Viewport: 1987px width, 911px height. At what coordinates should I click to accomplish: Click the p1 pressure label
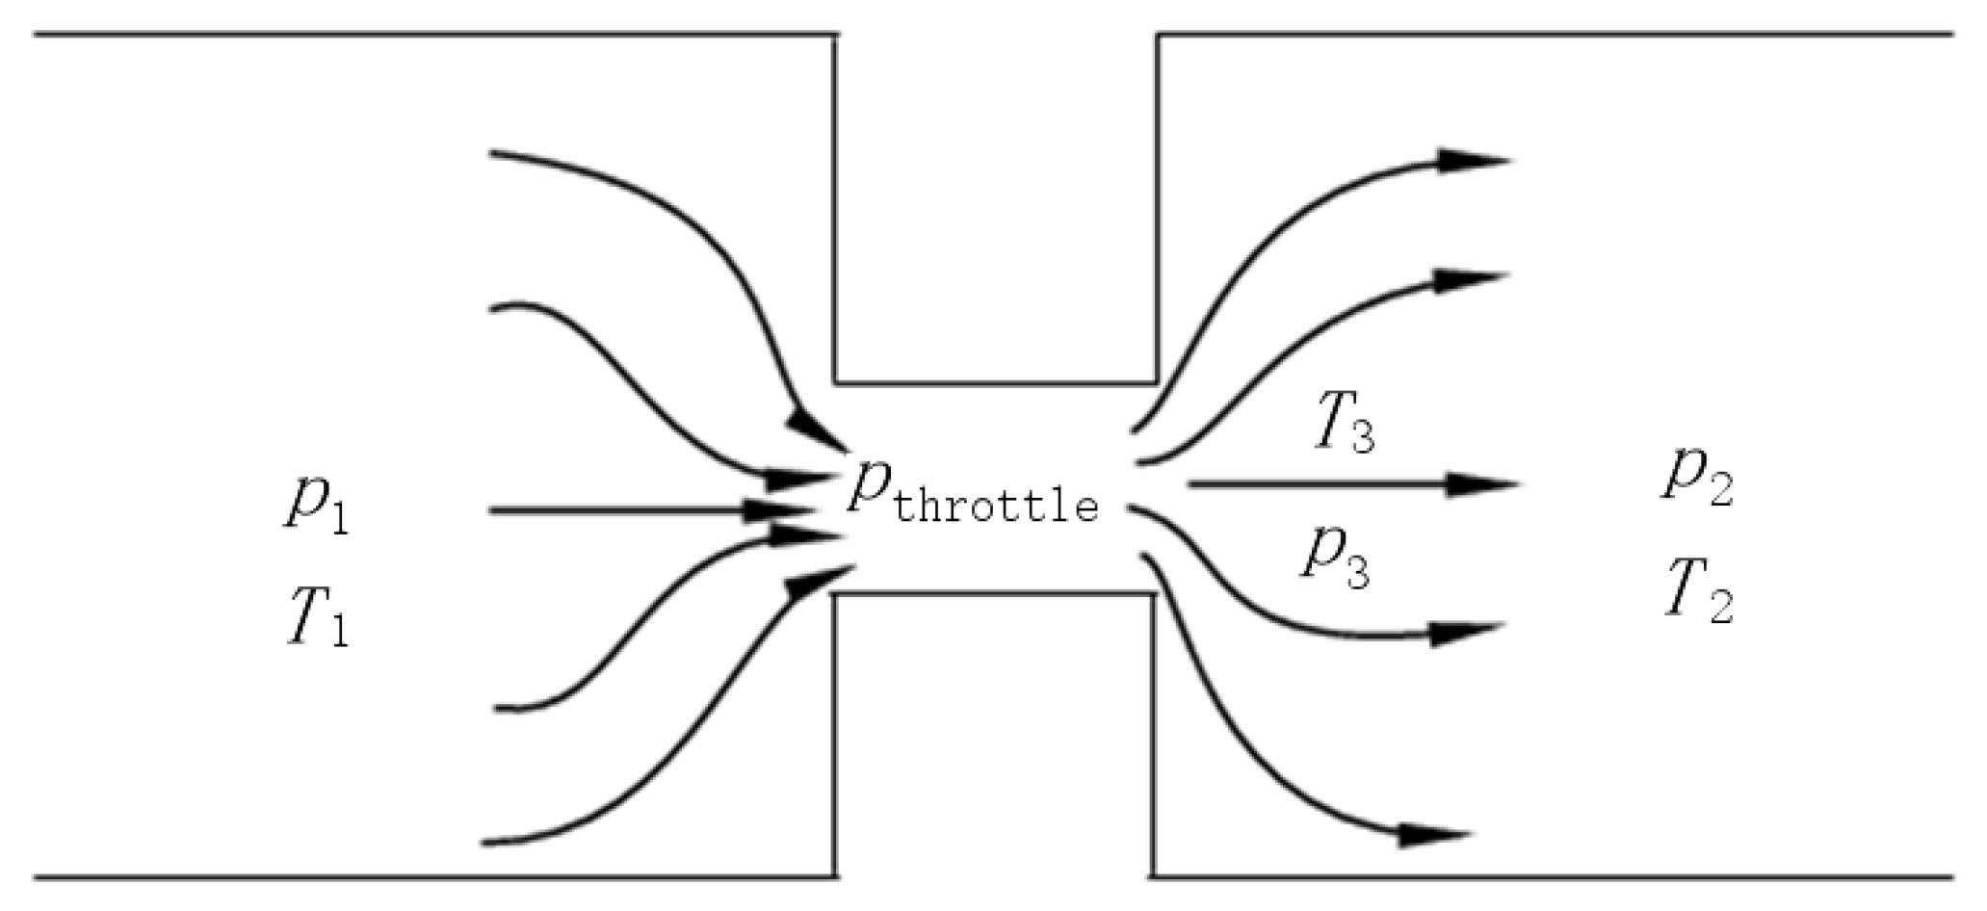point(316,505)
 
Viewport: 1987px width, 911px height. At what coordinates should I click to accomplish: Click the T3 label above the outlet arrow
point(1344,425)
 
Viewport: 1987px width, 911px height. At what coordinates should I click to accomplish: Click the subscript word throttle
point(996,505)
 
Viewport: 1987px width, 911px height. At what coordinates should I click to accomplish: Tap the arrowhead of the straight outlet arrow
point(1483,483)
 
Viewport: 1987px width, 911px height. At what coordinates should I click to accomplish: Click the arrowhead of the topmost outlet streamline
point(1472,161)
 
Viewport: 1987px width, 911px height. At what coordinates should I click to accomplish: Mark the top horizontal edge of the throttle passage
point(996,383)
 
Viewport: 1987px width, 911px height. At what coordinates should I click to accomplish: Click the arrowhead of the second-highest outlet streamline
point(1467,280)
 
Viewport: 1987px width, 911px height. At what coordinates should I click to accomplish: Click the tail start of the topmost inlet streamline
point(493,152)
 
